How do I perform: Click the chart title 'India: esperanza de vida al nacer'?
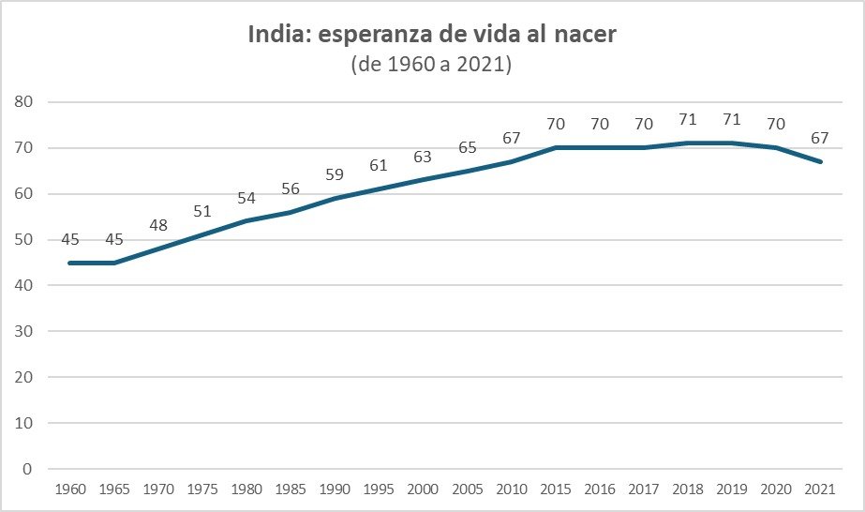pyautogui.click(x=431, y=37)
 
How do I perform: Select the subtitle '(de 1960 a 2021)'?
pyautogui.click(x=431, y=66)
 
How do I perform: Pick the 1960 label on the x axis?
pyautogui.click(x=69, y=490)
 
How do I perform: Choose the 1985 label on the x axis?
pyautogui.click(x=291, y=490)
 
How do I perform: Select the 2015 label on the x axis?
pyautogui.click(x=557, y=490)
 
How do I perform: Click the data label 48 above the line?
pyautogui.click(x=158, y=225)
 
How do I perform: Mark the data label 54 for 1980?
pyautogui.click(x=246, y=198)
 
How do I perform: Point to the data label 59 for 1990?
pyautogui.click(x=336, y=174)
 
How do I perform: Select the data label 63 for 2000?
pyautogui.click(x=424, y=157)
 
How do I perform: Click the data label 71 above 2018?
pyautogui.click(x=689, y=120)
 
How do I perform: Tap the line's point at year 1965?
pyautogui.click(x=114, y=263)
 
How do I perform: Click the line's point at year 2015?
pyautogui.click(x=557, y=147)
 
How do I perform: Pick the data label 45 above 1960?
pyautogui.click(x=70, y=239)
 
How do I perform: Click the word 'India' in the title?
pyautogui.click(x=276, y=37)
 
